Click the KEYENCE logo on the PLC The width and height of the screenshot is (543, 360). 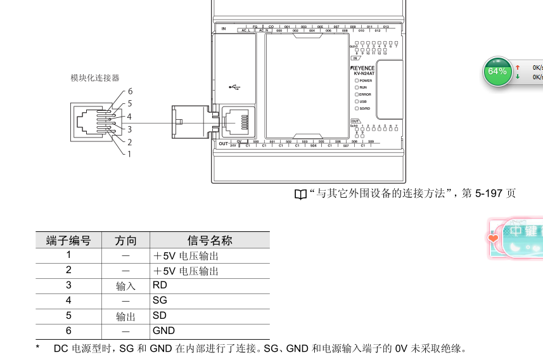363,68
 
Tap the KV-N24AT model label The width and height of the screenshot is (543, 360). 364,74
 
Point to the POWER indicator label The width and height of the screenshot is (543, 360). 366,80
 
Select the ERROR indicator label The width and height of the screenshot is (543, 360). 365,94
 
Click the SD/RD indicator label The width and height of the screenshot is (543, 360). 365,108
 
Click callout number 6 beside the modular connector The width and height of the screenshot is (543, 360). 130,91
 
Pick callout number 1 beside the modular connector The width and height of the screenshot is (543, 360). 129,153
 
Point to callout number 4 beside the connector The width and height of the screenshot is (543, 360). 129,117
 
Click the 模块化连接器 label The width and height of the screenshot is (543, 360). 95,78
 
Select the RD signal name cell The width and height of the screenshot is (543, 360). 160,285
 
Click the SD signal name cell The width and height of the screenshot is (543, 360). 160,315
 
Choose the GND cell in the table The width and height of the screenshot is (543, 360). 163,330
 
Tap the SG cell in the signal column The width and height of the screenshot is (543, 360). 160,300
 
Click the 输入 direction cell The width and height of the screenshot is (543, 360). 125,286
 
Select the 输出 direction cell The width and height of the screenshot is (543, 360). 125,316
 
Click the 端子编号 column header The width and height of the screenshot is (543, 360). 68,240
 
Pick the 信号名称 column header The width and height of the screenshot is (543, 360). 210,240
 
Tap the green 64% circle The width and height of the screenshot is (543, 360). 497,72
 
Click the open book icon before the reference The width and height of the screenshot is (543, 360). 300,194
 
